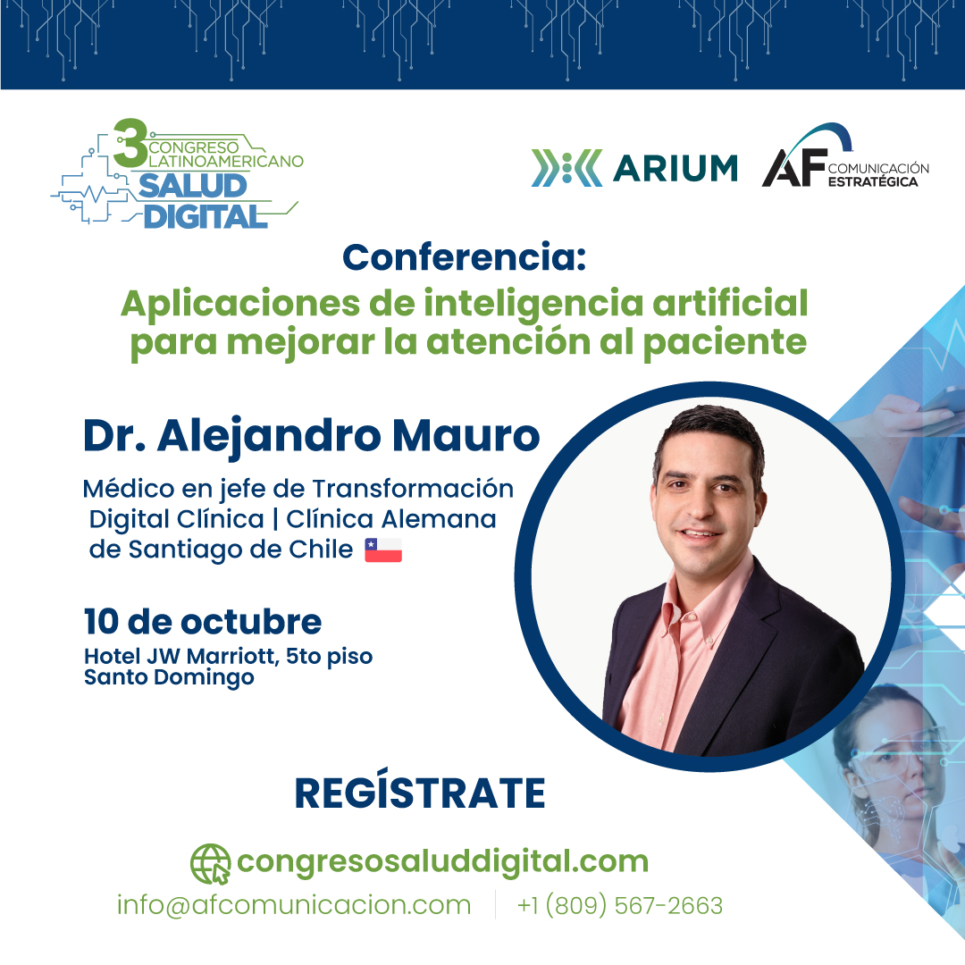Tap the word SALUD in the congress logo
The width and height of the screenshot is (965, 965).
(x=191, y=186)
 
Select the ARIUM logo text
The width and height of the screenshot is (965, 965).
(x=675, y=167)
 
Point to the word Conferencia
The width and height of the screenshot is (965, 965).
(x=464, y=258)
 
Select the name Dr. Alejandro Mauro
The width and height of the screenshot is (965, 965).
(x=311, y=437)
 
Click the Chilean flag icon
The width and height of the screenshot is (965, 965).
(x=383, y=550)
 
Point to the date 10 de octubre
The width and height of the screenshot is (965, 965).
(x=202, y=621)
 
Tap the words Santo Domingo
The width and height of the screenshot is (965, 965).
(x=168, y=677)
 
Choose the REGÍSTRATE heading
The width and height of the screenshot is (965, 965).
(x=419, y=794)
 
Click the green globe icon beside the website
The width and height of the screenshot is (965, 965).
(x=210, y=863)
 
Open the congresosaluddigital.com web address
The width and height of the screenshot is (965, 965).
(x=442, y=862)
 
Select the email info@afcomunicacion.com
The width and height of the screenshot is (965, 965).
(x=293, y=905)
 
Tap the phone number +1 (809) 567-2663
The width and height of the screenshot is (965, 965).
(x=619, y=905)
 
